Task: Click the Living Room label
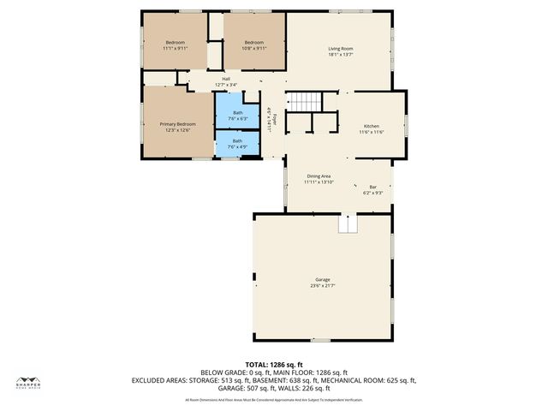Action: pos(341,48)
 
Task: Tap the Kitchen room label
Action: pos(371,126)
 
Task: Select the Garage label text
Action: pos(322,279)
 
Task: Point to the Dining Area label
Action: pos(319,176)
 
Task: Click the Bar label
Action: pos(372,187)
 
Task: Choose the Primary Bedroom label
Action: pos(177,124)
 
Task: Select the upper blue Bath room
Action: pos(237,112)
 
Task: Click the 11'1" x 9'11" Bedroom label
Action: pos(175,43)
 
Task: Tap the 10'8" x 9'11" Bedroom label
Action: pos(254,43)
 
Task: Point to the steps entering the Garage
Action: pos(347,223)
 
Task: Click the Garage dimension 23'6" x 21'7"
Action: pos(322,286)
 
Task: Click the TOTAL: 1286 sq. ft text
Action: pos(274,365)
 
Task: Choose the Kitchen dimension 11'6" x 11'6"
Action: pos(371,132)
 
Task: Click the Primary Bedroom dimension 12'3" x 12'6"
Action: pos(177,130)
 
